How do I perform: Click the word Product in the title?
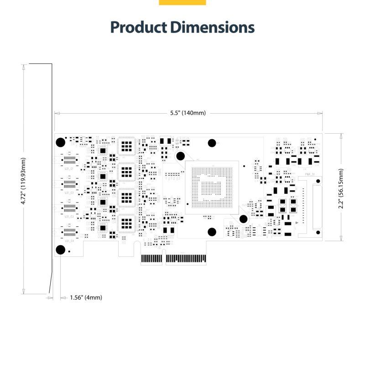pyautogui.click(x=139, y=27)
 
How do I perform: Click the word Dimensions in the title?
pyautogui.click(x=213, y=27)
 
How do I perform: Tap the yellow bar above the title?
pyautogui.click(x=182, y=2)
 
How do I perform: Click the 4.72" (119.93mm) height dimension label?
pyautogui.click(x=24, y=181)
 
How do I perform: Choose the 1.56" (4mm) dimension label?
pyautogui.click(x=86, y=297)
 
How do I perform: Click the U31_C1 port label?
pyautogui.click(x=69, y=168)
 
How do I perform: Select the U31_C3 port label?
pyautogui.click(x=69, y=217)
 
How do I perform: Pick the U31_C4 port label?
pyautogui.click(x=69, y=240)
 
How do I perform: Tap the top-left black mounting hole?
pyautogui.click(x=60, y=142)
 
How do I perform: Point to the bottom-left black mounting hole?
pyautogui.click(x=60, y=249)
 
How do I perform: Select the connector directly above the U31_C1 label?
pyautogui.click(x=69, y=159)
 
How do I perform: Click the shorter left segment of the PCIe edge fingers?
pyautogui.click(x=151, y=259)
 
